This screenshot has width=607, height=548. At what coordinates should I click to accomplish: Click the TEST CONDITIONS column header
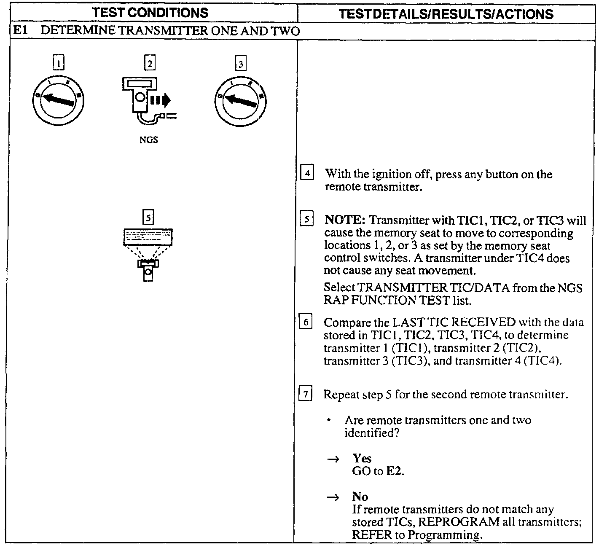tap(150, 13)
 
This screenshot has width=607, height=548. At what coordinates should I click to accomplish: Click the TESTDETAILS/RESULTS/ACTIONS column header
tap(446, 14)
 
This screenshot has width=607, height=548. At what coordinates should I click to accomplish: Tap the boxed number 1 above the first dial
tap(59, 63)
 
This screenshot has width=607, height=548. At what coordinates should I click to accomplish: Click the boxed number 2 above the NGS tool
tap(149, 63)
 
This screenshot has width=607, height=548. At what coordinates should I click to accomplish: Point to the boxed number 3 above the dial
tap(240, 64)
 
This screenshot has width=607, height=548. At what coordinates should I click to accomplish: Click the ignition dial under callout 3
tap(240, 101)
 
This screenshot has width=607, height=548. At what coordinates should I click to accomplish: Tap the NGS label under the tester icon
tap(148, 140)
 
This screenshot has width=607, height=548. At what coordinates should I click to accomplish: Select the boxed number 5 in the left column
tap(148, 218)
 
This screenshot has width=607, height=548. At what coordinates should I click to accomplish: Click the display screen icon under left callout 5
tap(148, 237)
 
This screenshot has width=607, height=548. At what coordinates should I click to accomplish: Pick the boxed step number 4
tap(308, 173)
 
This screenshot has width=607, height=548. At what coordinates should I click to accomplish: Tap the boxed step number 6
tap(305, 322)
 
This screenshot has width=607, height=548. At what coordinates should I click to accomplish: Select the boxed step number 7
tap(305, 395)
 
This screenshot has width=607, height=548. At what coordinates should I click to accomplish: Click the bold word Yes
tap(362, 458)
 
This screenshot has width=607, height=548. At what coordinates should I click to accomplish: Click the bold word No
tap(360, 497)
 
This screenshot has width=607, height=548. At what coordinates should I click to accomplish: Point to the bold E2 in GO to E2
tap(395, 471)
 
